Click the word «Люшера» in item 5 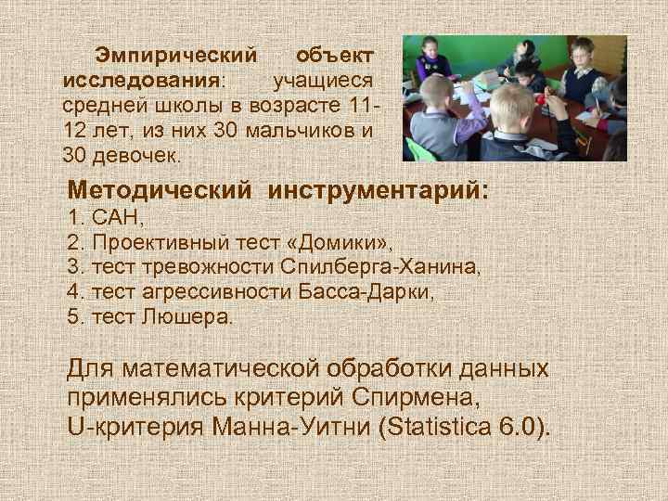coord(199,316)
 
